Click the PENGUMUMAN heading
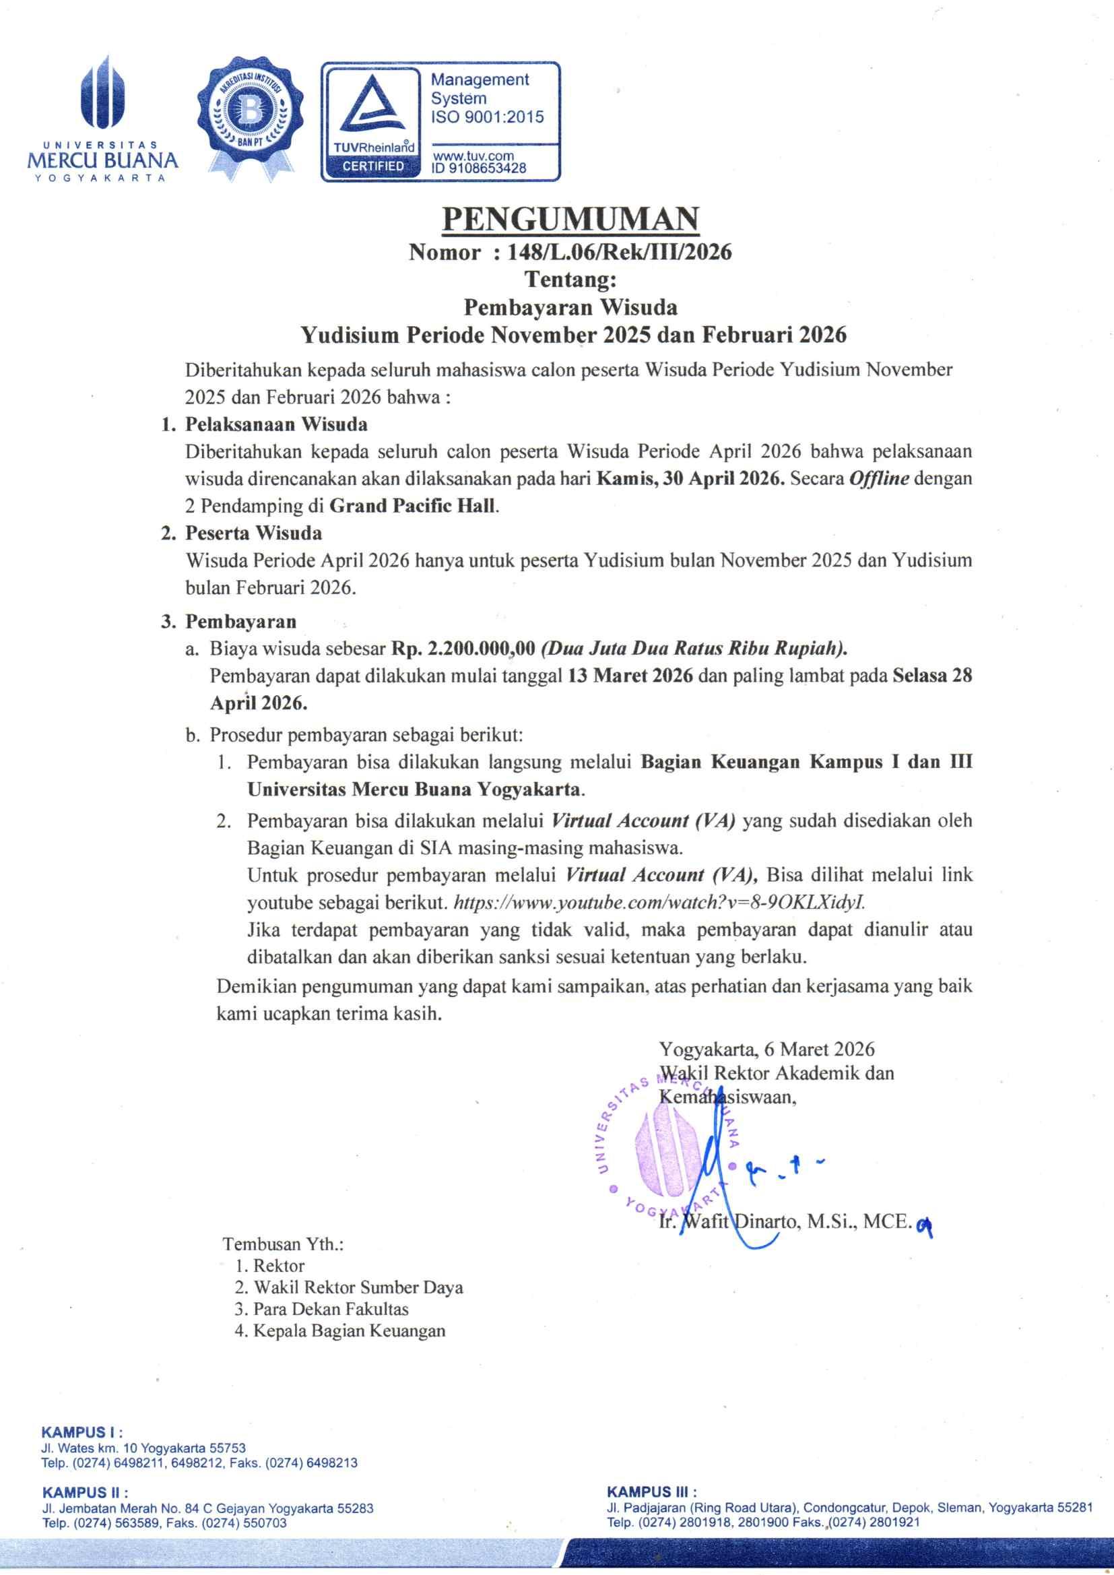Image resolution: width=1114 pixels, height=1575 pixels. coord(570,220)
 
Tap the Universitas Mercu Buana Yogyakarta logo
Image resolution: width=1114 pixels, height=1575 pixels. coord(102,120)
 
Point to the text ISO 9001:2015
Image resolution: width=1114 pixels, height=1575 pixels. coord(487,117)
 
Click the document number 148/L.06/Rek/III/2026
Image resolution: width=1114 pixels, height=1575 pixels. coord(620,253)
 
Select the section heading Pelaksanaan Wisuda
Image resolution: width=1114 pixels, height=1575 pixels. coord(275,424)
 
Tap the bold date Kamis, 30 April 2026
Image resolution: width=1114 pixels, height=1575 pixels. coord(690,478)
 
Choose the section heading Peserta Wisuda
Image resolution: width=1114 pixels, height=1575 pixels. coord(253,533)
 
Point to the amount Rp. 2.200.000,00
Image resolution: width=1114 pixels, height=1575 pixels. coord(463,648)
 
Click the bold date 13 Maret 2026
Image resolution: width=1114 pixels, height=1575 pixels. coord(630,676)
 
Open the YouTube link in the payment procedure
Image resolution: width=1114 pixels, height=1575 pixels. coord(659,902)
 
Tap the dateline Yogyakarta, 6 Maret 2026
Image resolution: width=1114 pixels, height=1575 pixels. coord(766,1049)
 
